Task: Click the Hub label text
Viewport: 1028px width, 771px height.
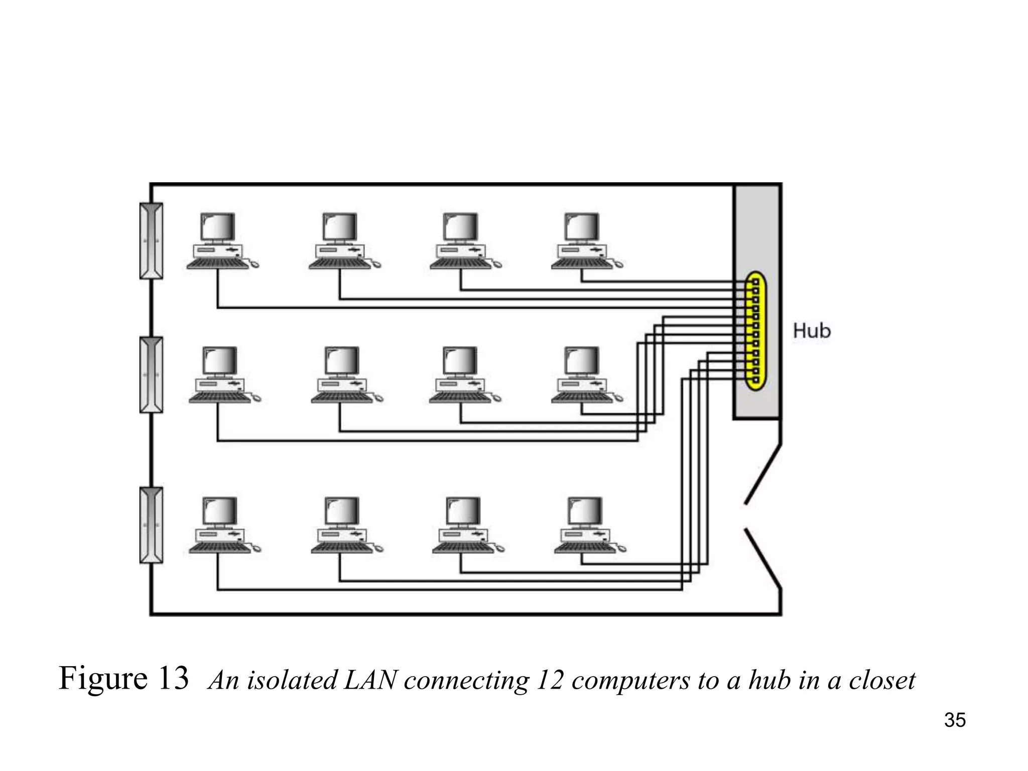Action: (x=811, y=331)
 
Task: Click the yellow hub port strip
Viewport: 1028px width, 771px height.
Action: (x=754, y=331)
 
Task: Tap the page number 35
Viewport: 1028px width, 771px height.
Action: (x=954, y=720)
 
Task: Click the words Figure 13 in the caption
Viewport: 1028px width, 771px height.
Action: (x=123, y=678)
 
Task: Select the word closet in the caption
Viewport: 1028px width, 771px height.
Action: (x=882, y=681)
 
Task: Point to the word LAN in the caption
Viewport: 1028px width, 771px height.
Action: (x=370, y=681)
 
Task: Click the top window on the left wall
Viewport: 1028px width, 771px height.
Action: (x=151, y=241)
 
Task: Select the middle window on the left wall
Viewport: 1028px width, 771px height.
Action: (x=151, y=375)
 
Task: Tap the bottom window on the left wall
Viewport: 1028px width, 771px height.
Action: (x=151, y=525)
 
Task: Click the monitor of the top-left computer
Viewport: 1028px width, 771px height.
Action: (x=218, y=227)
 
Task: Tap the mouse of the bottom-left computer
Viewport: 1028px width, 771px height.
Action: (x=255, y=549)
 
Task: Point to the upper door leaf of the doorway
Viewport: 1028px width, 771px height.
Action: (x=763, y=473)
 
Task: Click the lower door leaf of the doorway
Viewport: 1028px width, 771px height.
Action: (x=763, y=558)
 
